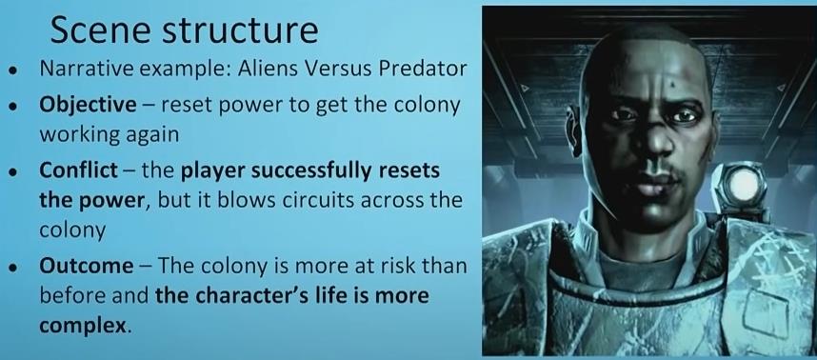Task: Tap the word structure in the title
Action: point(241,30)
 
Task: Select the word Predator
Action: point(422,70)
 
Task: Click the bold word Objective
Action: point(88,106)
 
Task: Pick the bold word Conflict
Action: point(78,171)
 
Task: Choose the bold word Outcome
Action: point(86,267)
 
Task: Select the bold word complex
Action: point(83,327)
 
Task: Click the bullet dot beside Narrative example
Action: point(12,70)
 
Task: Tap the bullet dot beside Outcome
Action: point(12,268)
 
